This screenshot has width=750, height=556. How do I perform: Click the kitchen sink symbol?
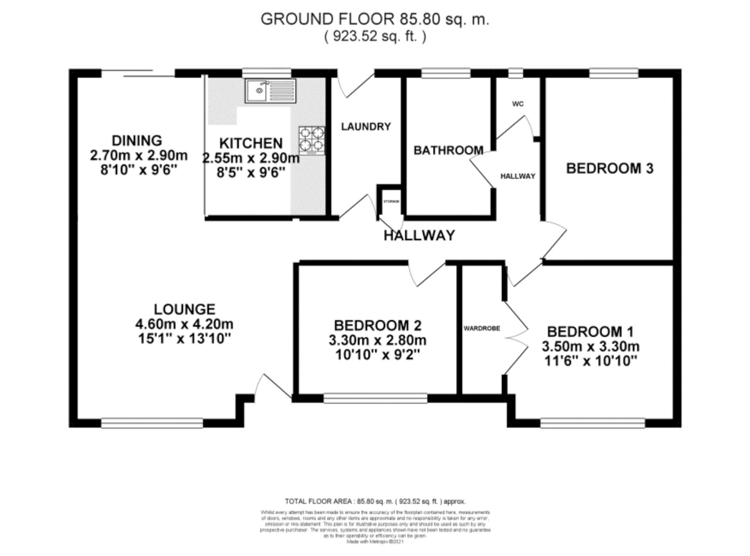(x=270, y=91)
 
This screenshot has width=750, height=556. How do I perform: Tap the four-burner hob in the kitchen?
(x=312, y=141)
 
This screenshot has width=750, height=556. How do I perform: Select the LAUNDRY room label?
(x=366, y=127)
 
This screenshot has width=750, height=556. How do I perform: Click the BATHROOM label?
(x=448, y=150)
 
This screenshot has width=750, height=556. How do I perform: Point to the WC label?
(x=518, y=104)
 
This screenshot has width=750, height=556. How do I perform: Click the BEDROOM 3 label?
(x=610, y=168)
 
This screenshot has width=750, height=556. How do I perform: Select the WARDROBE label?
(x=481, y=328)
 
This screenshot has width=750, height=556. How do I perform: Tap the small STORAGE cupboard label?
(x=391, y=201)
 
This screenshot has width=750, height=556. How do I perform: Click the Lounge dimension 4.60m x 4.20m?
(x=184, y=324)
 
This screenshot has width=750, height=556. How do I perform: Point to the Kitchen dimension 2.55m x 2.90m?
(x=251, y=158)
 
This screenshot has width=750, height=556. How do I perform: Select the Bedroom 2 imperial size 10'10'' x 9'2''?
(x=377, y=355)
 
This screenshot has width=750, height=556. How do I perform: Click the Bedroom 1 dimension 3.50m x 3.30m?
(x=591, y=346)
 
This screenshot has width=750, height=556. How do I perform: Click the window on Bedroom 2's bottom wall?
(x=375, y=398)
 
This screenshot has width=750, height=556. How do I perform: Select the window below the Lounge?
(x=152, y=423)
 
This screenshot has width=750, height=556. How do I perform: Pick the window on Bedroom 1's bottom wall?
(x=592, y=423)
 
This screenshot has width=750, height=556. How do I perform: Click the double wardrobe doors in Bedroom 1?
(x=515, y=337)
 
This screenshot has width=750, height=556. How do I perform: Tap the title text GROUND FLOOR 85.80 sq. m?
(x=375, y=19)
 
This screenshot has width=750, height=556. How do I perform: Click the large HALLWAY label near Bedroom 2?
(x=419, y=235)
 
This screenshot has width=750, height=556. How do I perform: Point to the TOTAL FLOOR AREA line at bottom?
(x=375, y=501)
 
